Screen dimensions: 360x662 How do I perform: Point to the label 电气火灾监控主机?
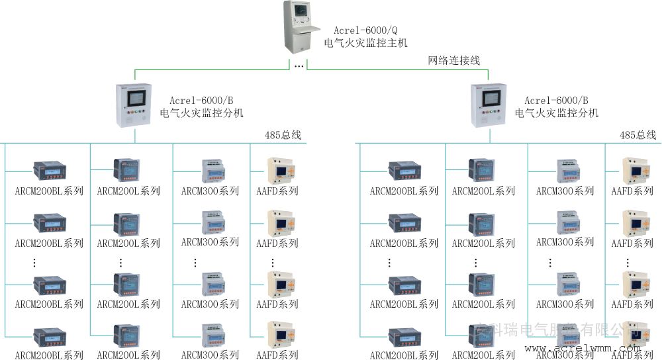365,43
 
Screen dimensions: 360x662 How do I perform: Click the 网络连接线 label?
454,60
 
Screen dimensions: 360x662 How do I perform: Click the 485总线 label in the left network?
284,135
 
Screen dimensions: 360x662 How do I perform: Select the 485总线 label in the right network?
638,135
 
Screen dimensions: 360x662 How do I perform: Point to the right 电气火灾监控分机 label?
557,113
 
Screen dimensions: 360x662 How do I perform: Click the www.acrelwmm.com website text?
583,348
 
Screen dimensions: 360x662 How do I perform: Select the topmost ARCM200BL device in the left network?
50,171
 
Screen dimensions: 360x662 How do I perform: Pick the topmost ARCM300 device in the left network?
213,171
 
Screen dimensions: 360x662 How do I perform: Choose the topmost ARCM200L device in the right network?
483,171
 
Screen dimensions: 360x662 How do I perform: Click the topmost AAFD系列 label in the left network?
277,191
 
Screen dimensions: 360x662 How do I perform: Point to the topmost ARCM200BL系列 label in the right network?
404,191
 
